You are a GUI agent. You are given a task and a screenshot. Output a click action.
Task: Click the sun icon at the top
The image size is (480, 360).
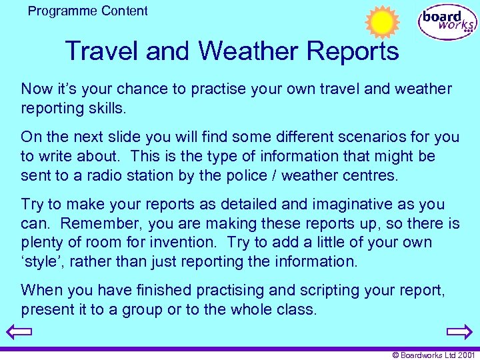[382, 22]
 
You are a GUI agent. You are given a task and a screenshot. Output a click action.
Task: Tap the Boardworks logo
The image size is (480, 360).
[447, 22]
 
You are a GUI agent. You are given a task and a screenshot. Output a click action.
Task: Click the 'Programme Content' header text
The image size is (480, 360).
[88, 11]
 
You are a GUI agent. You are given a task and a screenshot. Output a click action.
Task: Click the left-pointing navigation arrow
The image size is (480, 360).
[17, 332]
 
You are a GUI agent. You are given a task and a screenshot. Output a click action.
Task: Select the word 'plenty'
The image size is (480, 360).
[43, 243]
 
